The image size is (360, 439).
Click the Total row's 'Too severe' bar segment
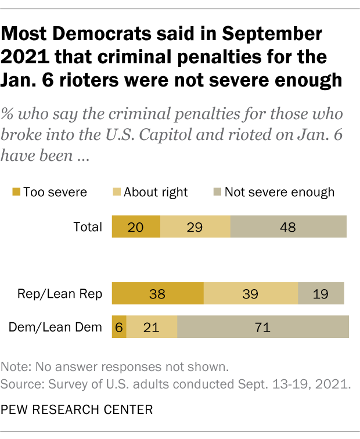(136, 226)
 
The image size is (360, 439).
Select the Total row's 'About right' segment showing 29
(195, 226)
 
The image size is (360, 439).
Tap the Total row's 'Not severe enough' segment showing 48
(289, 226)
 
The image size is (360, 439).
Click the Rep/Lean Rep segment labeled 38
(157, 294)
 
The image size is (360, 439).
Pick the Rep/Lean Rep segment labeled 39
(251, 294)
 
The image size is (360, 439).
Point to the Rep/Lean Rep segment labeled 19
(321, 294)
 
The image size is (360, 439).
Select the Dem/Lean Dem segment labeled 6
(119, 328)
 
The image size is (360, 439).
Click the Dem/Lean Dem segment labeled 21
(152, 328)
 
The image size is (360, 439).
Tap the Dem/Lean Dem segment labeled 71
(263, 328)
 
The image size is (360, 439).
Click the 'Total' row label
(88, 227)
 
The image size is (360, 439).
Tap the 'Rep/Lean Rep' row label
(67, 294)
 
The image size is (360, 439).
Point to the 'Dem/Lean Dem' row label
(56, 328)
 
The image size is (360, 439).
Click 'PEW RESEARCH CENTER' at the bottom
(78, 410)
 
